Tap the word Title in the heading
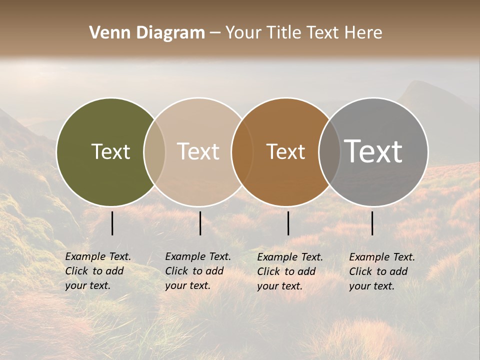click(x=283, y=33)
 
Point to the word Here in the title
click(x=363, y=33)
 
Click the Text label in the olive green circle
click(x=110, y=151)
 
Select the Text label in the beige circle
click(x=198, y=151)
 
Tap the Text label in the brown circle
click(x=285, y=151)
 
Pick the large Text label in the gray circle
click(x=373, y=151)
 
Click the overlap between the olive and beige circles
click(x=154, y=151)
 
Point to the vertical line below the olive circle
click(x=112, y=223)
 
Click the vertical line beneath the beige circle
click(x=200, y=223)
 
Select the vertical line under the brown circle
click(x=288, y=223)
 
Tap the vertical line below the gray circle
click(x=372, y=223)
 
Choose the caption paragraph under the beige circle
click(x=197, y=271)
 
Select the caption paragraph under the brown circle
click(x=289, y=271)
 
